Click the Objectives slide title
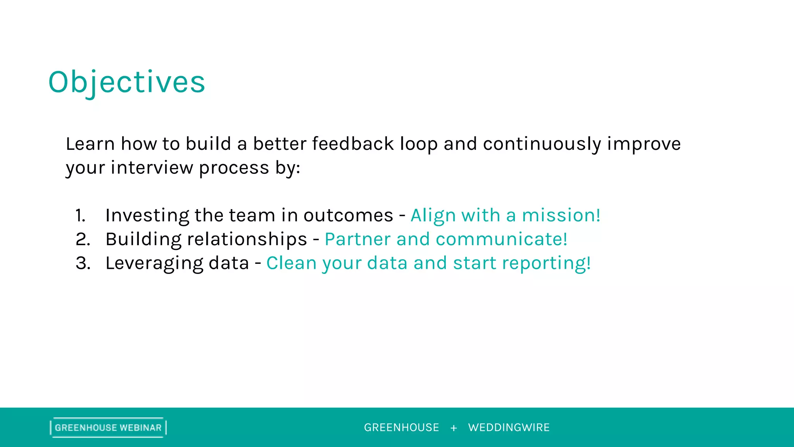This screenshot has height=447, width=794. click(x=126, y=82)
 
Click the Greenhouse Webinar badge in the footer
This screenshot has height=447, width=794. click(x=108, y=428)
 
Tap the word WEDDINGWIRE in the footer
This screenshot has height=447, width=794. click(x=509, y=428)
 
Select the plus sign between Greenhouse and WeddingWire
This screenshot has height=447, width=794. click(x=454, y=428)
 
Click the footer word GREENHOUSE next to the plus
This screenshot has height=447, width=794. click(x=401, y=428)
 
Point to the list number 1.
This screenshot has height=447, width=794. click(x=80, y=216)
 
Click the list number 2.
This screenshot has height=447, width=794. click(x=83, y=239)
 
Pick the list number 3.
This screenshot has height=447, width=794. click(x=83, y=263)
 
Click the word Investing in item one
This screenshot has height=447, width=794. click(x=147, y=216)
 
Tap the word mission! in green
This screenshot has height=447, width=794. click(x=561, y=215)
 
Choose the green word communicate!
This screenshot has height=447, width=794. click(x=501, y=239)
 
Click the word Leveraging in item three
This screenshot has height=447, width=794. click(x=154, y=263)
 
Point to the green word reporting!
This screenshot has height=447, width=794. click(x=546, y=263)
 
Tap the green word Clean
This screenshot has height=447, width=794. click(x=291, y=263)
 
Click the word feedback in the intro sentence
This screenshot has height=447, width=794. click(x=353, y=144)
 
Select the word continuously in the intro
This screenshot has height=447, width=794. click(x=542, y=144)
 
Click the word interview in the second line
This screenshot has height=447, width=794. click(x=152, y=168)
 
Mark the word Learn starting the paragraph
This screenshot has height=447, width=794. click(x=90, y=144)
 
